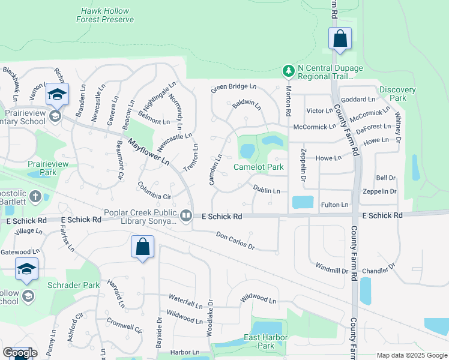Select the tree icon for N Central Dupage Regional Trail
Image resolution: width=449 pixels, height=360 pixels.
coord(289,71)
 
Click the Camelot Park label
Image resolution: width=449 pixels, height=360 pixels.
coord(258,167)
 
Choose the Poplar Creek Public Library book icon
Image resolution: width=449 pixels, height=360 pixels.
coord(186,215)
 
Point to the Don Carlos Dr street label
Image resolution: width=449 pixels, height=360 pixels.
coord(235,241)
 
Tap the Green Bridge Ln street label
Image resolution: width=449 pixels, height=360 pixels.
coord(234,89)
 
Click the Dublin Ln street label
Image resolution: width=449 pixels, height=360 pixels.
coord(266,190)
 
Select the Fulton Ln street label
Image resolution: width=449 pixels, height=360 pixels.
coord(334,205)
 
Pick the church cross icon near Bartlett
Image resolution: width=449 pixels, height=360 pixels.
coord(35,196)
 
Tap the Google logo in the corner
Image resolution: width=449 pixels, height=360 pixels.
coord(20,353)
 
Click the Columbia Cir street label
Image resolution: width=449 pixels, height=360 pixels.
coord(155,190)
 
